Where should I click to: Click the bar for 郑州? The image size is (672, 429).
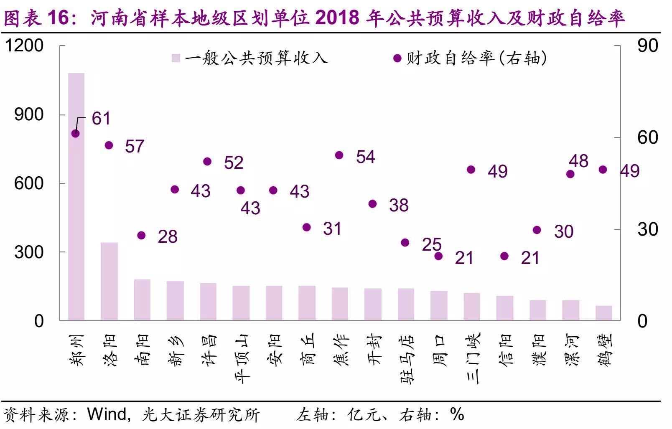(76, 196)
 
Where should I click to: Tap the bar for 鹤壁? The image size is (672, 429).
(603, 313)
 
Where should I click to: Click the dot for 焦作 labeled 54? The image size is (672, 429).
(339, 155)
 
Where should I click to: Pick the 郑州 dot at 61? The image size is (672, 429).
(76, 134)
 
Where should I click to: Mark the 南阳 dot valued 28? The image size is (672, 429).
(141, 236)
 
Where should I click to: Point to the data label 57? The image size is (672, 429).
(135, 147)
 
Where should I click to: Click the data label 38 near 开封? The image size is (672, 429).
(399, 206)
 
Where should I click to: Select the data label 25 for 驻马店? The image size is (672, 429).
(432, 245)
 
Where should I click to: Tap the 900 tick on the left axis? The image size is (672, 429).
(29, 114)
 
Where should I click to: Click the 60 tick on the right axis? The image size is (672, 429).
(647, 137)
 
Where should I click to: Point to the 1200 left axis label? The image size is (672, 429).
(24, 46)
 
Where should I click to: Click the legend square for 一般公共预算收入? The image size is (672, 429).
(176, 58)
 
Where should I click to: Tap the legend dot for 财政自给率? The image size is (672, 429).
(397, 58)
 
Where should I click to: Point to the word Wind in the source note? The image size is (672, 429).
(106, 414)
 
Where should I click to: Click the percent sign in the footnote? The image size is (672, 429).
(457, 414)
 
